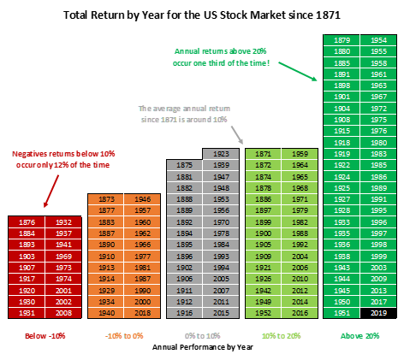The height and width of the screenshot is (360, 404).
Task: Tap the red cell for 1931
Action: coord(26,313)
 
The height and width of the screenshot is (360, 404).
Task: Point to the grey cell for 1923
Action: coord(222,153)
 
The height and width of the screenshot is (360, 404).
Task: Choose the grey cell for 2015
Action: coord(222,313)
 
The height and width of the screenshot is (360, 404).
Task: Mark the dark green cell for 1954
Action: coord(377,40)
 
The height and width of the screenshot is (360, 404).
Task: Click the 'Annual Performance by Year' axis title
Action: coord(202,347)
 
